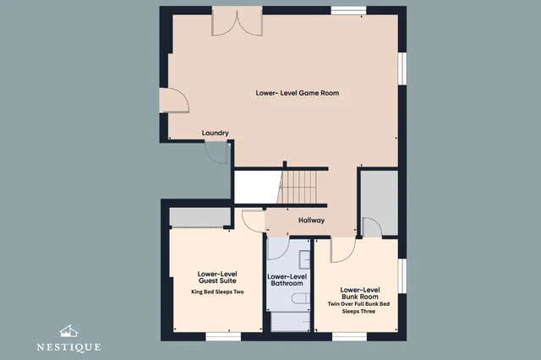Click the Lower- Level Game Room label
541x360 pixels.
298,93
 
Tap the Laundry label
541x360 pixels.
216,134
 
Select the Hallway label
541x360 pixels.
312,221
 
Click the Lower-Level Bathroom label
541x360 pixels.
287,280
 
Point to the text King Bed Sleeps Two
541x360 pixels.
217,292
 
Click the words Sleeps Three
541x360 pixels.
358,311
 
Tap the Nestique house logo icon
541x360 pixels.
68,331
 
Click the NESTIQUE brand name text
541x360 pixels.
68,347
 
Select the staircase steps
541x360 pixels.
298,188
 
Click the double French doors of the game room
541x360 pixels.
237,21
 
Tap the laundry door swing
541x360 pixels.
216,152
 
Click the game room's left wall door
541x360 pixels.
174,101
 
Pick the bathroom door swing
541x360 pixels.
278,248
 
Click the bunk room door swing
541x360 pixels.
343,250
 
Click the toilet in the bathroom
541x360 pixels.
301,298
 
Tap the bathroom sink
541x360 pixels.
304,260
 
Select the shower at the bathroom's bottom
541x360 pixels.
290,322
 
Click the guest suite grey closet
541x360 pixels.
199,217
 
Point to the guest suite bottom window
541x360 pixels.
223,336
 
